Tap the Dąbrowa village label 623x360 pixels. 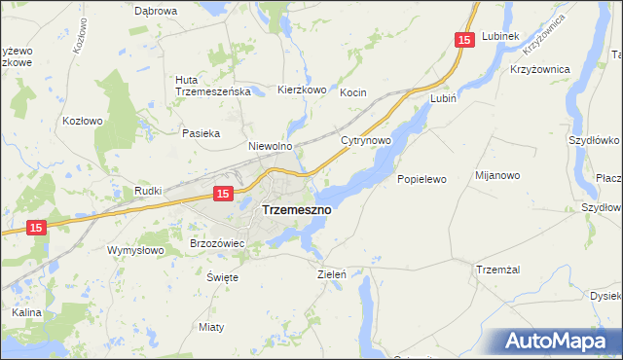coord(156,11)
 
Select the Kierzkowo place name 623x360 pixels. coord(302,90)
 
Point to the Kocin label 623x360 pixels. coord(352,92)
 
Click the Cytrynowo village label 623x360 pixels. coord(366,141)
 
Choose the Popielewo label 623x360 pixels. coord(421,179)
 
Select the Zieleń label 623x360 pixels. coord(332,274)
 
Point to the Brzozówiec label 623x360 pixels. coord(215,242)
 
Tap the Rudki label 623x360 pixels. coord(148,191)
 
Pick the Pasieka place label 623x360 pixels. coord(202,132)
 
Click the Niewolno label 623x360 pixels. coord(271,146)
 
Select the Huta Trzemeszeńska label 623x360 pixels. coord(213,86)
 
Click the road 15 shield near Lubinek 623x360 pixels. coord(464,39)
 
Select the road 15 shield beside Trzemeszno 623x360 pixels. coord(223,195)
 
